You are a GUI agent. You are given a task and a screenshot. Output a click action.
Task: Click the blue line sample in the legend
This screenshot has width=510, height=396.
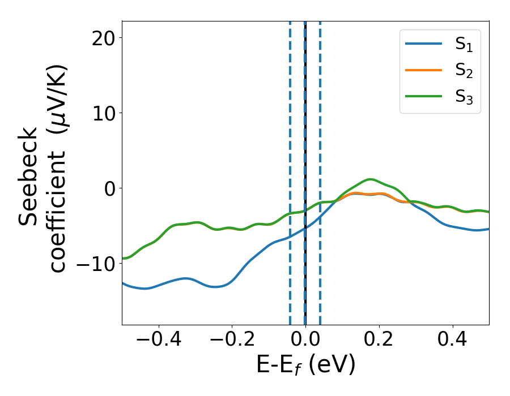(x=424, y=44)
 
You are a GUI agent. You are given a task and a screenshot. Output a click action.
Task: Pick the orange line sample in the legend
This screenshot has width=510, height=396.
(x=424, y=70)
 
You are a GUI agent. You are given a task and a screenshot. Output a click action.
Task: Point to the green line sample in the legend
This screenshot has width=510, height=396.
(x=424, y=96)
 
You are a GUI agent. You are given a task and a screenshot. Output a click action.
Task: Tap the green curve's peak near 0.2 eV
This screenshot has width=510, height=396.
(x=370, y=179)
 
